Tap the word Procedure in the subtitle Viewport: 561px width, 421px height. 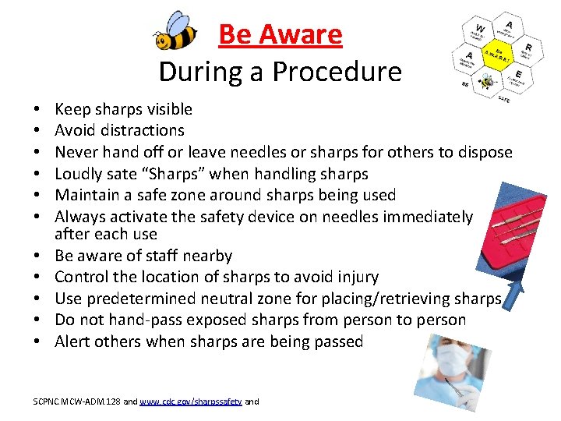pyautogui.click(x=350, y=72)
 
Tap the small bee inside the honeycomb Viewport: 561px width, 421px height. pyautogui.click(x=488, y=80)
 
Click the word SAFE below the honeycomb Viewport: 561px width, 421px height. pyautogui.click(x=504, y=101)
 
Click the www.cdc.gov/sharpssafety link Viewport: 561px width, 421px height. pyautogui.click(x=190, y=402)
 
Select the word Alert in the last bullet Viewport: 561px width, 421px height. pyautogui.click(x=72, y=341)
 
